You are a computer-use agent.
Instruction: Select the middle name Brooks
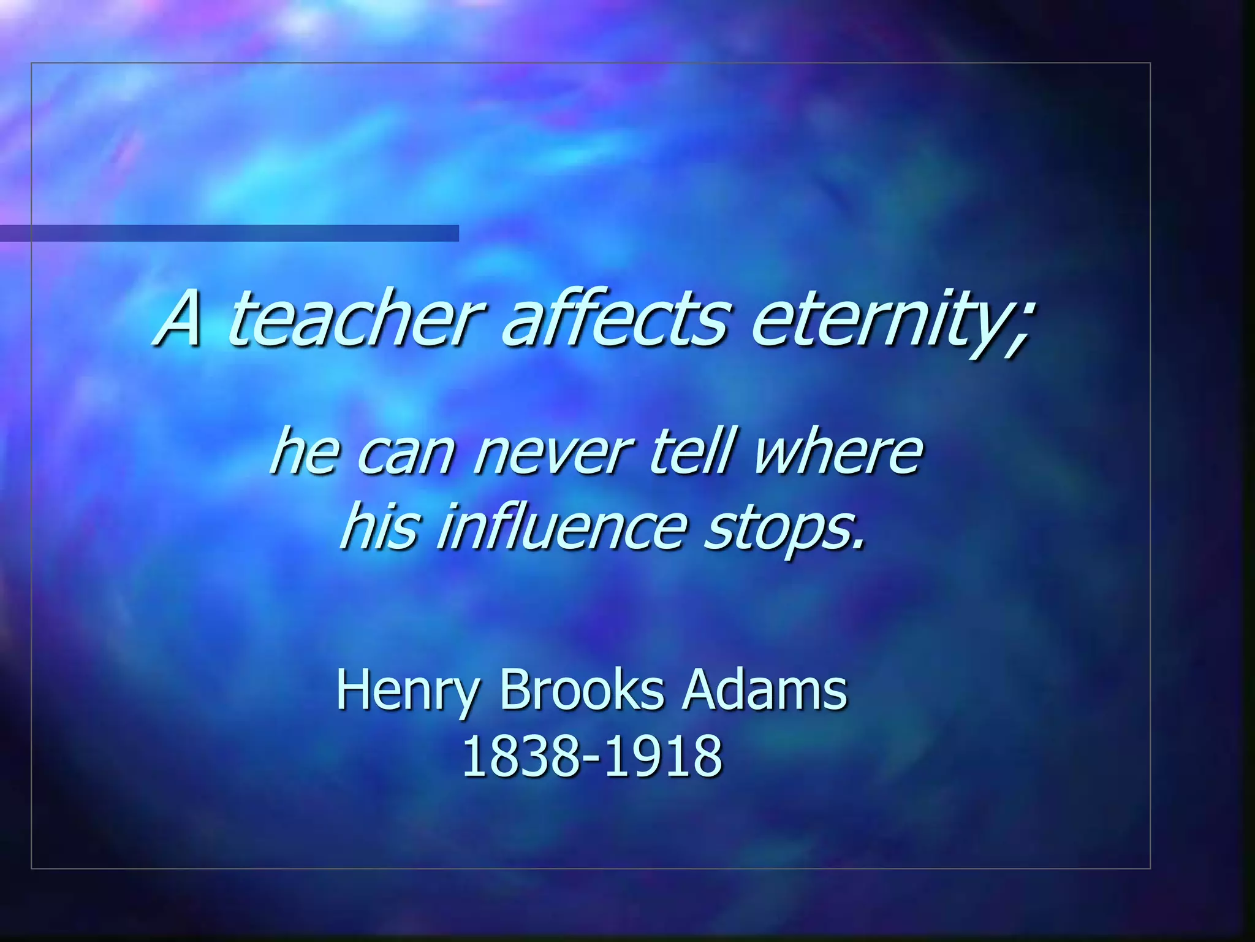[582, 689]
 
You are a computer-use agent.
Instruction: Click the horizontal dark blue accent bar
[229, 233]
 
